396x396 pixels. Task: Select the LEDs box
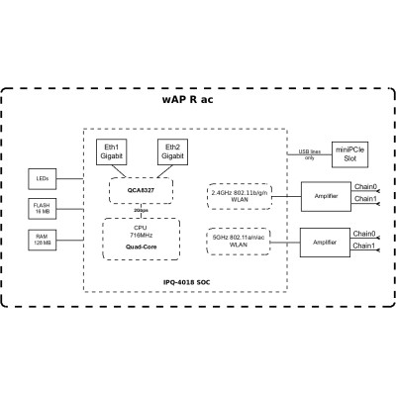pyautogui.click(x=41, y=178)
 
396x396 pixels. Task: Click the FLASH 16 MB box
pyautogui.click(x=41, y=208)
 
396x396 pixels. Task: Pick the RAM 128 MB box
pyautogui.click(x=41, y=239)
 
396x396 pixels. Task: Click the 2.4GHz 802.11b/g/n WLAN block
pyautogui.click(x=242, y=194)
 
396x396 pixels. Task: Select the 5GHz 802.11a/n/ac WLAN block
pyautogui.click(x=242, y=240)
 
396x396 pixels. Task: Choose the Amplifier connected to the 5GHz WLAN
pyautogui.click(x=328, y=240)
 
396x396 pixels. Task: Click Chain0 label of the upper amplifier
pyautogui.click(x=364, y=185)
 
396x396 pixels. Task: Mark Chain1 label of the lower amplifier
pyautogui.click(x=364, y=247)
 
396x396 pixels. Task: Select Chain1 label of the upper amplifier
pyautogui.click(x=364, y=199)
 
